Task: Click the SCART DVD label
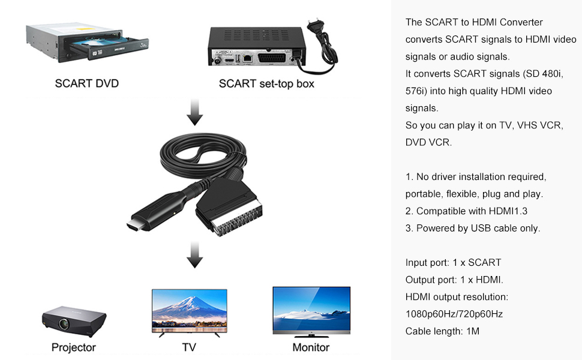tap(87, 83)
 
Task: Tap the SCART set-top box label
tap(266, 83)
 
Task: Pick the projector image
tap(73, 319)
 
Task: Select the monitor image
tap(311, 310)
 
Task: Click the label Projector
tap(73, 347)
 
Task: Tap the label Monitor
tap(311, 347)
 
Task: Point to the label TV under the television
tap(189, 347)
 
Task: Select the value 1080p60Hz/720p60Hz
tap(454, 314)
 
